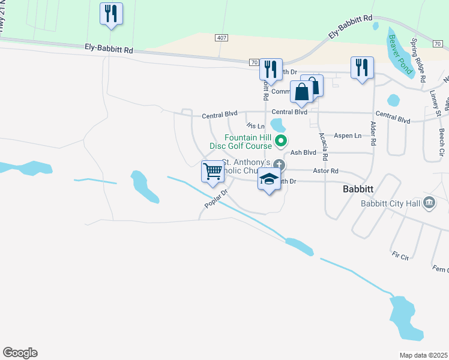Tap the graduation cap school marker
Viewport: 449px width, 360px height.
pos(269,179)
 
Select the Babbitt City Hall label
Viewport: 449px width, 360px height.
pos(390,203)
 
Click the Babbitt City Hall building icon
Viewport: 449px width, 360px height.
pos(429,202)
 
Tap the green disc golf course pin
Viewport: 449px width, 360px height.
pos(280,142)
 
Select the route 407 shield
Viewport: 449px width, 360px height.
pos(221,38)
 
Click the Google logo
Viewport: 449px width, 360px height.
pos(20,353)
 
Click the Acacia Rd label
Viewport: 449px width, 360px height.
pos(324,146)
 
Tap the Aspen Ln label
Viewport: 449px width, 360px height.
pos(348,136)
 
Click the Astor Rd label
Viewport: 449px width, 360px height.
pos(327,171)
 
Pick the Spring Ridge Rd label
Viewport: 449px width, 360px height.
pos(418,61)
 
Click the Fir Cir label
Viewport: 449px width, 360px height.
pos(400,257)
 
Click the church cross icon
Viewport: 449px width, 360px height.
pos(279,164)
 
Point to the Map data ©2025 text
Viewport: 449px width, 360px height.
pos(423,355)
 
